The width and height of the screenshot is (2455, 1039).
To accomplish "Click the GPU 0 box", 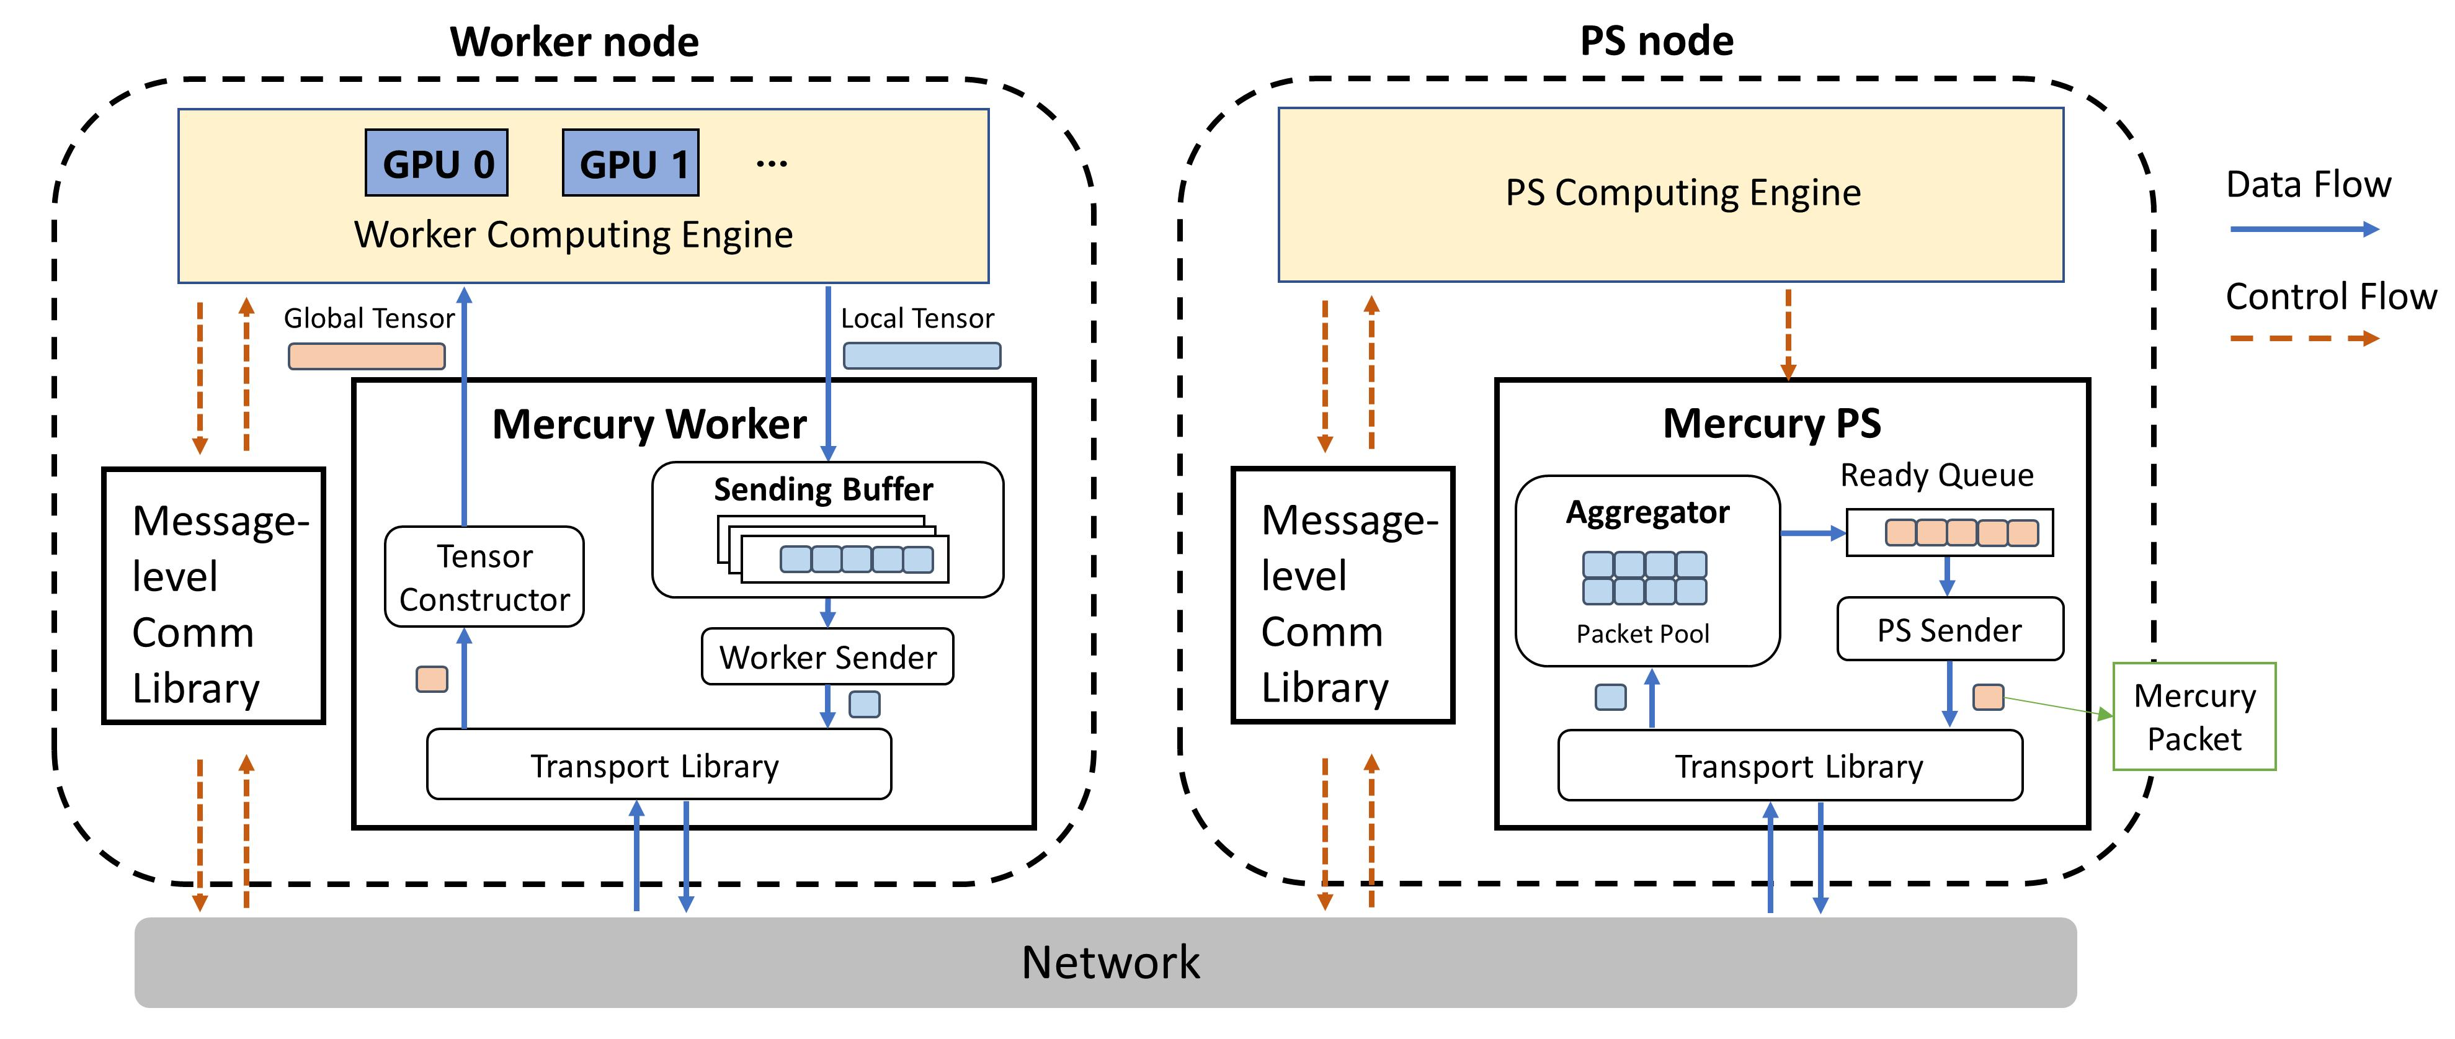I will tap(437, 163).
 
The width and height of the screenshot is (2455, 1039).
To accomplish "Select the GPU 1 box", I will tap(631, 163).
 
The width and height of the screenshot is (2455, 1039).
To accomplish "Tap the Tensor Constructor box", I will tap(484, 577).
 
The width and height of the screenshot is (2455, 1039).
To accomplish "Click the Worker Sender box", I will tap(827, 657).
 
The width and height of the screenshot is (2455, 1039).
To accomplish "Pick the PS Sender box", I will tap(1949, 629).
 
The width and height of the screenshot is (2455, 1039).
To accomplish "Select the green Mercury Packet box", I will tap(2194, 717).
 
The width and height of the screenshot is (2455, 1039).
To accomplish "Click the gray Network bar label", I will tap(1110, 962).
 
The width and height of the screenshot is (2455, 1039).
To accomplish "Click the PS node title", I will tap(1656, 41).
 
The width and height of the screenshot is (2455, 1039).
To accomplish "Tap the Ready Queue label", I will tap(1936, 475).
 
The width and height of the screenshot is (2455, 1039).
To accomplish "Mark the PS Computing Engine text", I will tap(1682, 192).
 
